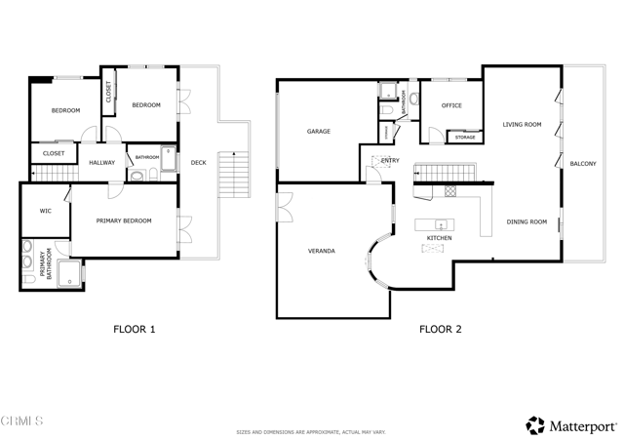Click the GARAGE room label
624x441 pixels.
(319, 131)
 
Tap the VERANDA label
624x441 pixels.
(322, 251)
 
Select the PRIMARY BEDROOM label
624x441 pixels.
(124, 221)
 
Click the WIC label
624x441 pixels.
(46, 210)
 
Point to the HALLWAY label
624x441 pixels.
(102, 163)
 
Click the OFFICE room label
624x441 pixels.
(451, 105)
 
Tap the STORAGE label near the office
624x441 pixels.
(465, 138)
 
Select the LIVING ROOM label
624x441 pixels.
(522, 125)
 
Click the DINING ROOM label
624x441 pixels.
(526, 222)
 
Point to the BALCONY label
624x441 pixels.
(583, 163)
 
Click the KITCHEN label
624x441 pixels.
(439, 238)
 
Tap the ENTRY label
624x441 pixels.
(390, 160)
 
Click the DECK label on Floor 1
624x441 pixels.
(198, 163)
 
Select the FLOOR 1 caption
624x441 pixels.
(135, 329)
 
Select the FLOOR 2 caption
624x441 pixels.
(441, 329)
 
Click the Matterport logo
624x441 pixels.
(571, 425)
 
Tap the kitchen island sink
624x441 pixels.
(441, 224)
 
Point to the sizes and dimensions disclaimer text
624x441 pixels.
(311, 431)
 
